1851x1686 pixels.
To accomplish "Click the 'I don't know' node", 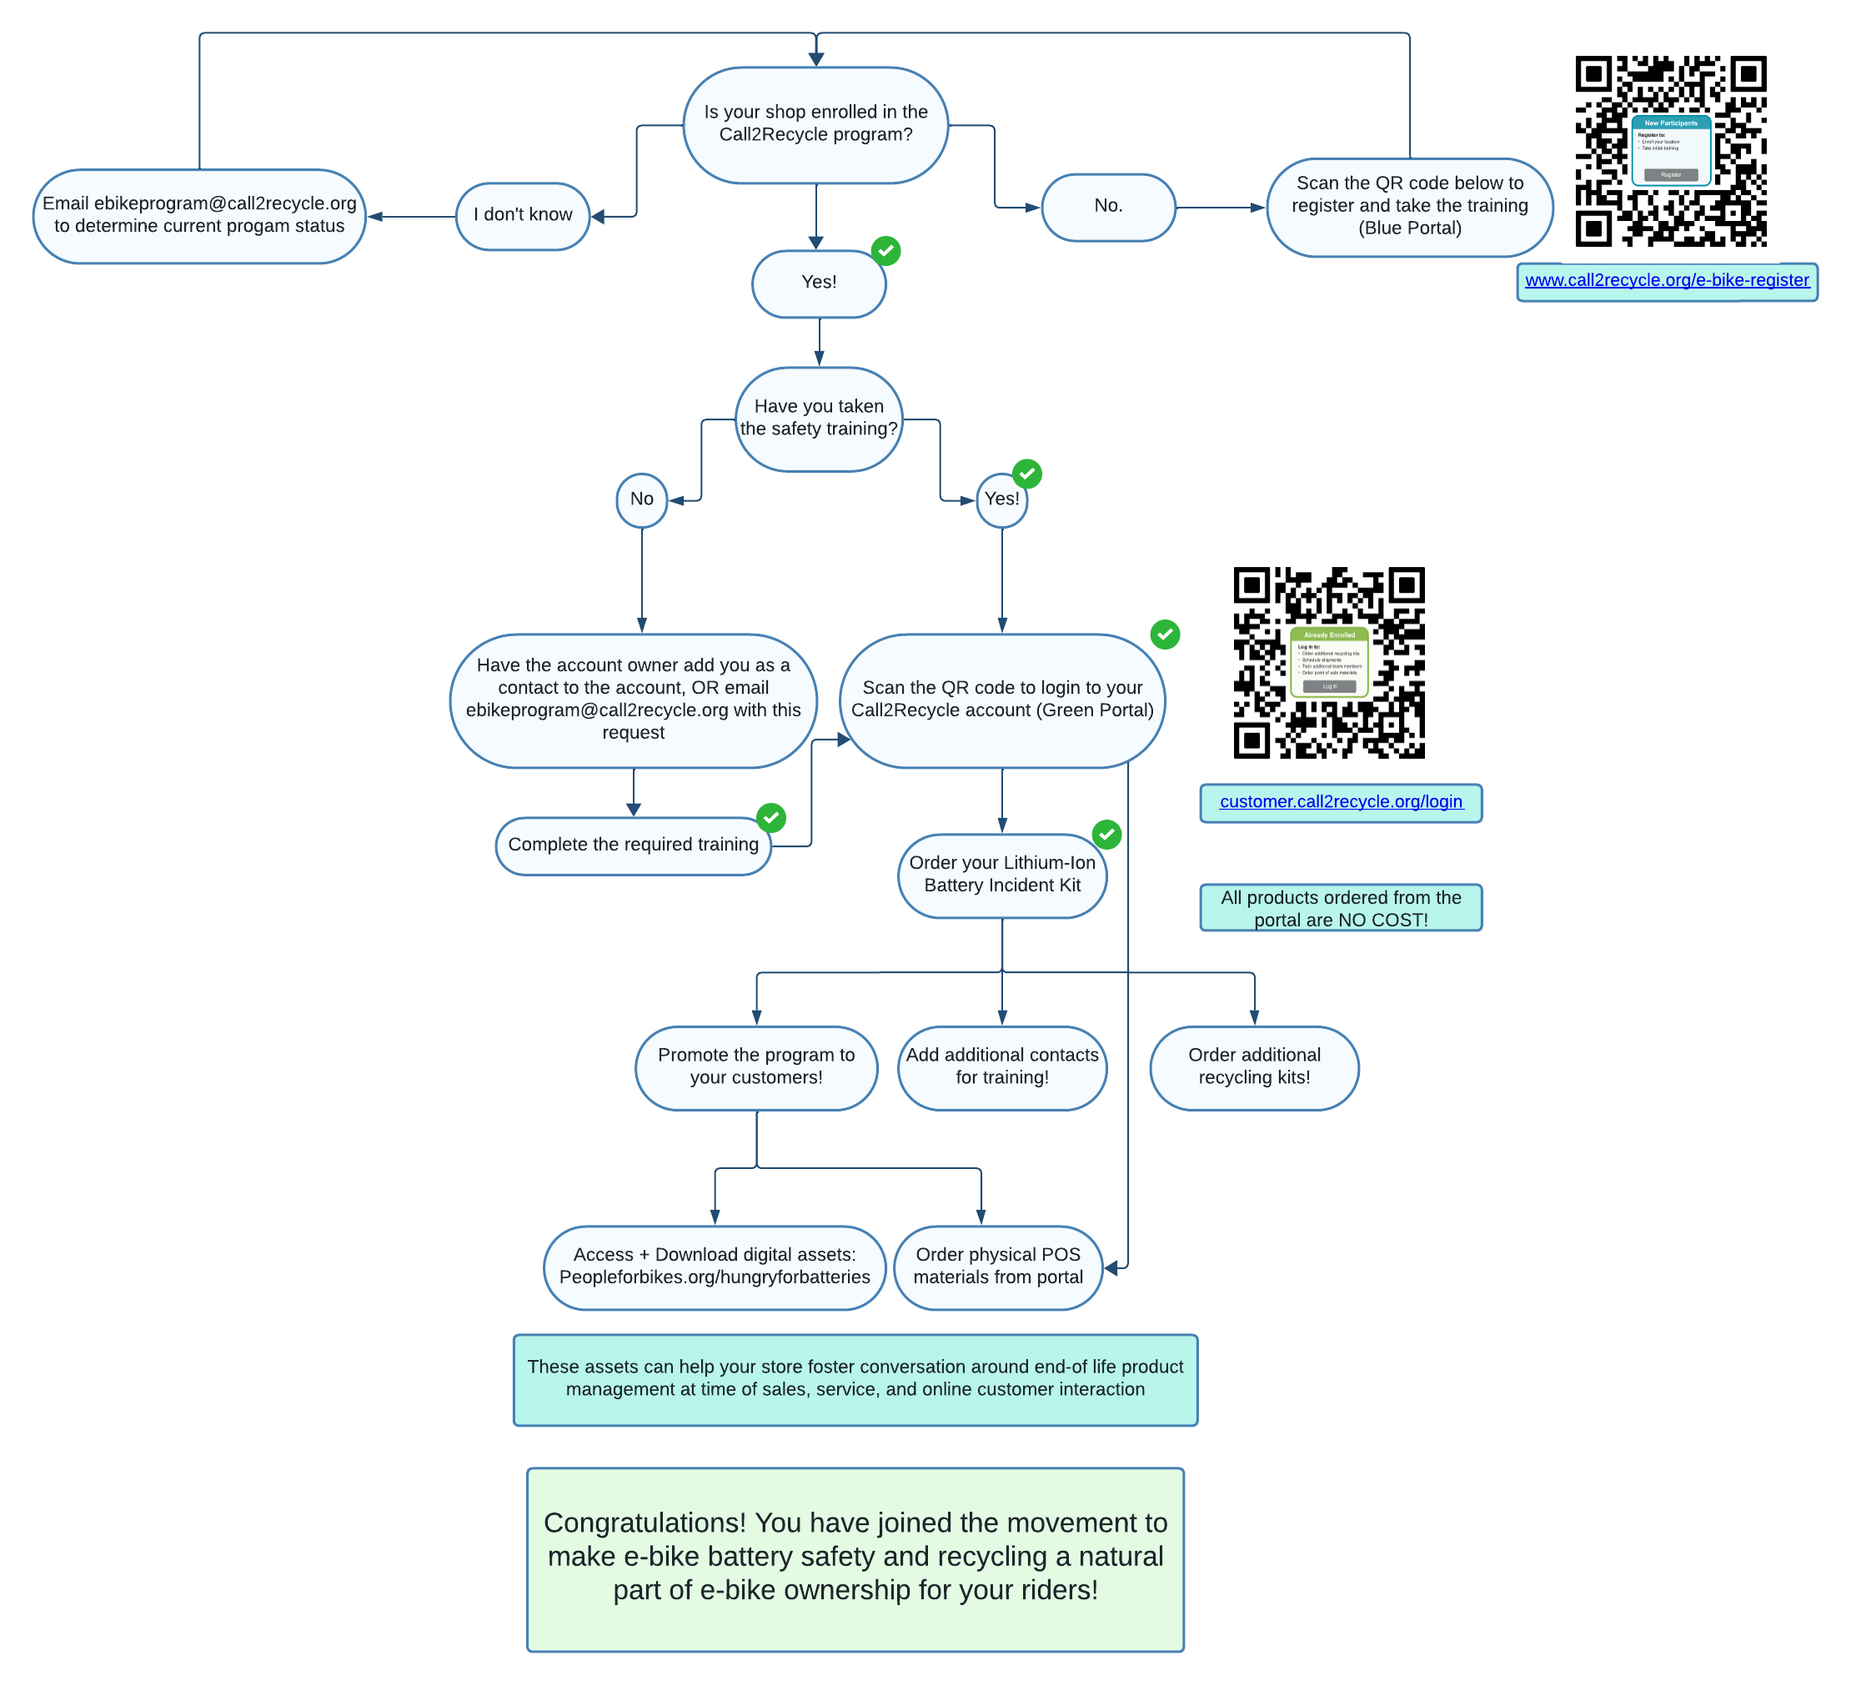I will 523,216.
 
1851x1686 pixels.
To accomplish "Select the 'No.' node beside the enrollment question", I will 1108,207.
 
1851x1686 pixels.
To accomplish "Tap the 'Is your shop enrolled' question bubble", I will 815,124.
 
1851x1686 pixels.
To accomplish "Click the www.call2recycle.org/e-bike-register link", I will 1667,280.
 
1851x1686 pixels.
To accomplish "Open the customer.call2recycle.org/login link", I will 1341,801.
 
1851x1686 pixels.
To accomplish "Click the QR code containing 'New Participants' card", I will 1671,152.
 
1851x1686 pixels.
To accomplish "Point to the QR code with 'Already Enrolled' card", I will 1328,662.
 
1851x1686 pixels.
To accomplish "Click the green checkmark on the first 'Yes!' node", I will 885,251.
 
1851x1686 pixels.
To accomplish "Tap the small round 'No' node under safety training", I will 642,499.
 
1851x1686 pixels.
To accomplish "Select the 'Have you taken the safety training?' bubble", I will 819,419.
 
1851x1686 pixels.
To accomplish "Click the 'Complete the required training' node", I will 633,845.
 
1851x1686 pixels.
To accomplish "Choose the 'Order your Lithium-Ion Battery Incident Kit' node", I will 1001,874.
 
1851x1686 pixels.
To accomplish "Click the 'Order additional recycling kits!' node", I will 1254,1067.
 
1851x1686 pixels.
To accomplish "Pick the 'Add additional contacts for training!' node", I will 1001,1067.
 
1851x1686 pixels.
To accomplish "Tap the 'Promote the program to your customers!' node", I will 755,1067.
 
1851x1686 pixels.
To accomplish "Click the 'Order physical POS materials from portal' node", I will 998,1267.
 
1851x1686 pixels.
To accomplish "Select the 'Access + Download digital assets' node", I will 715,1267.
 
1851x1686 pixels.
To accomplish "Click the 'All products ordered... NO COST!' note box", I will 1341,908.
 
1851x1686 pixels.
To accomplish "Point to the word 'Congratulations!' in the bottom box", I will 644,1523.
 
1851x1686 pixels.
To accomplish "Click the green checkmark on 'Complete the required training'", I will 770,817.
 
